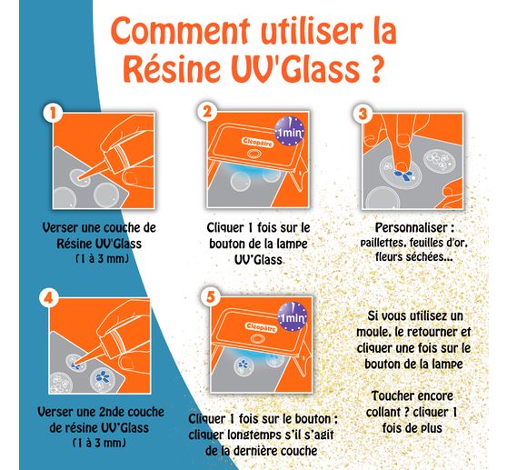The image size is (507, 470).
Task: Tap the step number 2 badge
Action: pos(207,112)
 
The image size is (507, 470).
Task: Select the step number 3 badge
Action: pos(364,115)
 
